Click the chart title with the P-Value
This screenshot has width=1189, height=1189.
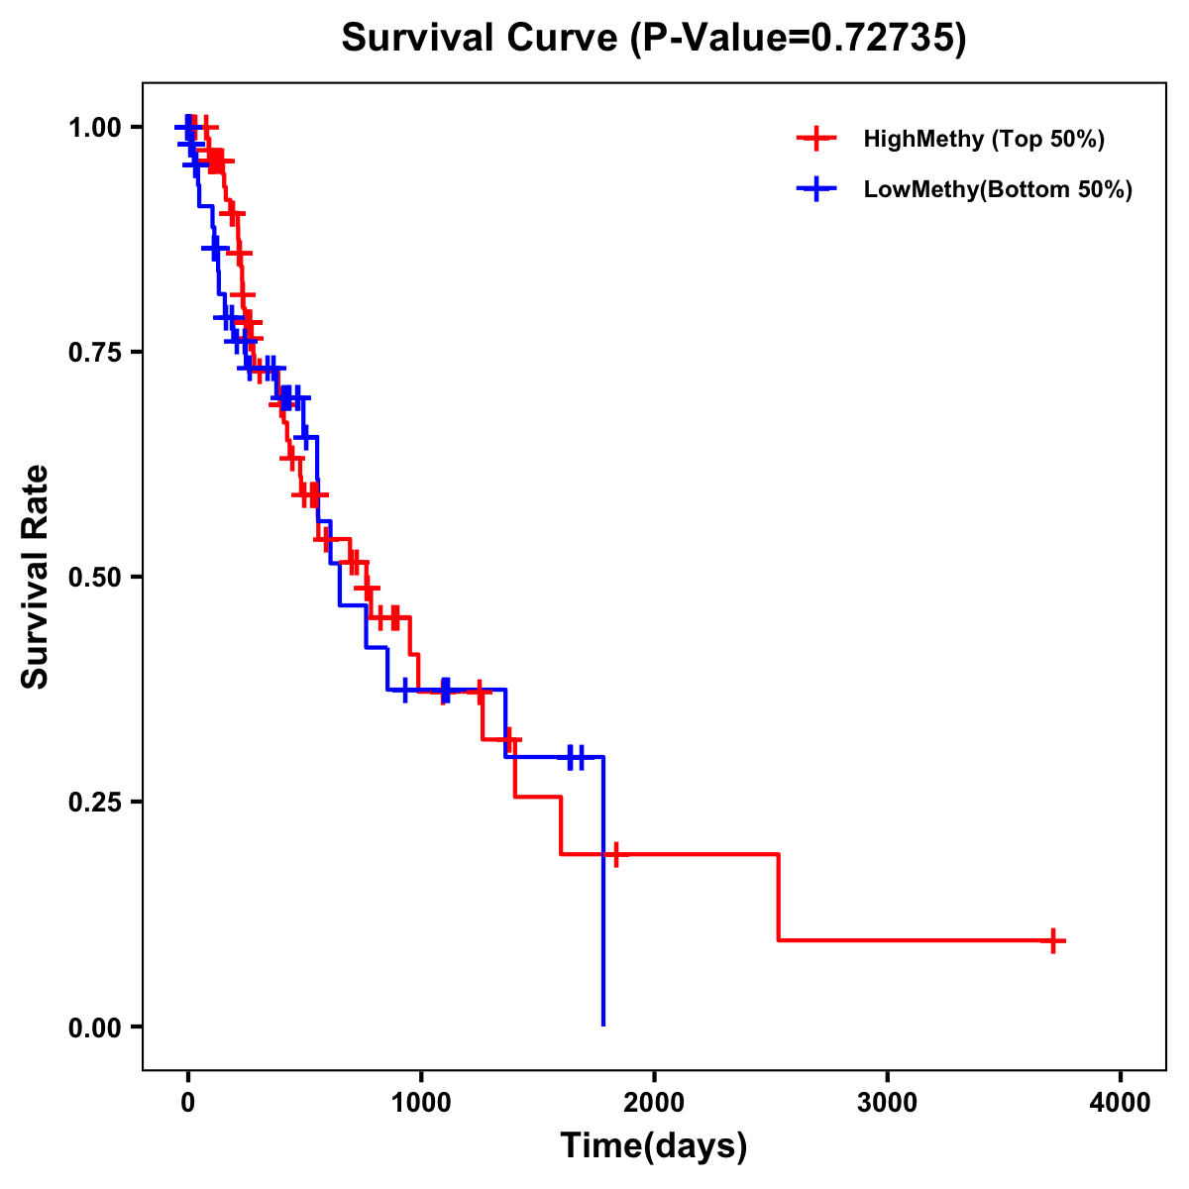[x=654, y=38]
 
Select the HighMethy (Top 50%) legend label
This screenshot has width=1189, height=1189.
[x=983, y=140]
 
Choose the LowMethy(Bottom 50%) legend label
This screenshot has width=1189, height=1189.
[x=998, y=190]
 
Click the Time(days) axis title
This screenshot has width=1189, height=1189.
[x=654, y=1146]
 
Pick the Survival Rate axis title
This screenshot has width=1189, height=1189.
[x=37, y=577]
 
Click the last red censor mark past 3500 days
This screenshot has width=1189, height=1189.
[x=1054, y=940]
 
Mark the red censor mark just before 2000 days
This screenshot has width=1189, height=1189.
[x=615, y=854]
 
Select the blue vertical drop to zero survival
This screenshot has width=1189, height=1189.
[x=603, y=892]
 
